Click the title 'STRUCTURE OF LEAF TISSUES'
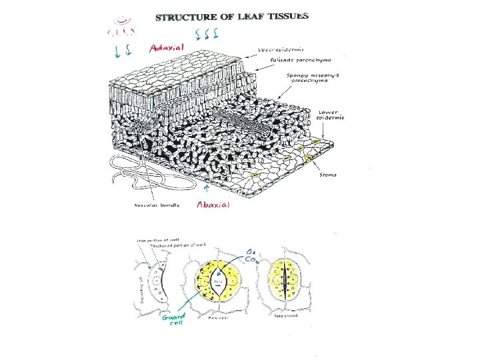pos(232,17)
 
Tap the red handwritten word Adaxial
pos(167,47)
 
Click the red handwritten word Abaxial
pos(213,205)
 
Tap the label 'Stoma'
pos(327,175)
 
